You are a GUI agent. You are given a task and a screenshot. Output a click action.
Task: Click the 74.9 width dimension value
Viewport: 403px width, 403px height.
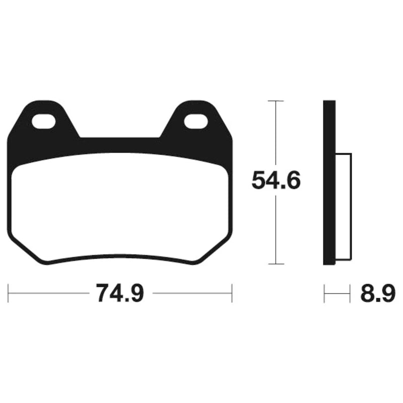(x=119, y=293)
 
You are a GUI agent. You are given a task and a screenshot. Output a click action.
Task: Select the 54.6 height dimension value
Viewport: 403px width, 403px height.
(x=276, y=180)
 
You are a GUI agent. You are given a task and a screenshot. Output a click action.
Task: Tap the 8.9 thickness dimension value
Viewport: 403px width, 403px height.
(x=377, y=293)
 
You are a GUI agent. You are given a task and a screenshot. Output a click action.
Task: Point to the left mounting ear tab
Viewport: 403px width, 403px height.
(x=43, y=119)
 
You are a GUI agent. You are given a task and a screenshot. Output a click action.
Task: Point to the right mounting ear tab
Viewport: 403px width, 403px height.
(x=196, y=119)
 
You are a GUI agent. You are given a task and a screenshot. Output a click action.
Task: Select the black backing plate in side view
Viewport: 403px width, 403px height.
(x=329, y=182)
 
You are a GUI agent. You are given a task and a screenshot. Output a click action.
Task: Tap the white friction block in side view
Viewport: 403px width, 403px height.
(x=344, y=207)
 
